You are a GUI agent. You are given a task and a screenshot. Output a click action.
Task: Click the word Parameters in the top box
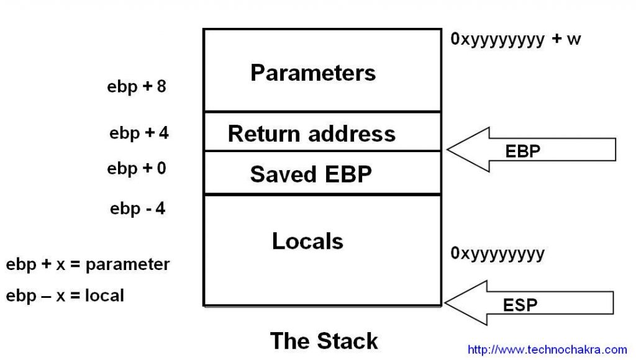click(313, 73)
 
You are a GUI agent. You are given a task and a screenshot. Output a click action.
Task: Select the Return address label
click(311, 133)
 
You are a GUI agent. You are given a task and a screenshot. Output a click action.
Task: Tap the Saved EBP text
click(311, 174)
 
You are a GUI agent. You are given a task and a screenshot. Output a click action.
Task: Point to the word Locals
click(307, 241)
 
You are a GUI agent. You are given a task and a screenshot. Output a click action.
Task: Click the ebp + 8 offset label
click(137, 86)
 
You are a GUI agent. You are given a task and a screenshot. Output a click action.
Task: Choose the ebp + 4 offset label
click(139, 133)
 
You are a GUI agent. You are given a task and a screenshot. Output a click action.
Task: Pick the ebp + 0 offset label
click(137, 168)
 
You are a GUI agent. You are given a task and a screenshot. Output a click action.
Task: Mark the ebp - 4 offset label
click(137, 209)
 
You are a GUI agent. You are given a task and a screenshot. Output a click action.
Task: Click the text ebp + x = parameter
click(88, 264)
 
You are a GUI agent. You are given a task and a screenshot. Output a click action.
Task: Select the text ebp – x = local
click(65, 295)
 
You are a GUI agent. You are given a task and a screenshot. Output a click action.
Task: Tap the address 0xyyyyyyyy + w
click(516, 40)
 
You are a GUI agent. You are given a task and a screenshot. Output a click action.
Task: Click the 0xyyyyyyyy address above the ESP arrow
click(497, 253)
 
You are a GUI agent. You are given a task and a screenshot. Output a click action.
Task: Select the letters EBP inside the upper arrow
click(523, 151)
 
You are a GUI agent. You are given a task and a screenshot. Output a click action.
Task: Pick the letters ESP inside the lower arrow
click(520, 305)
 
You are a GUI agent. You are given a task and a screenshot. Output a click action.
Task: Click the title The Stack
click(324, 341)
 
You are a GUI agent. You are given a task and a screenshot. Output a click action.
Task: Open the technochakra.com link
click(547, 350)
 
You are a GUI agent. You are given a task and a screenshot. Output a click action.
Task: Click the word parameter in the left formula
click(127, 265)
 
